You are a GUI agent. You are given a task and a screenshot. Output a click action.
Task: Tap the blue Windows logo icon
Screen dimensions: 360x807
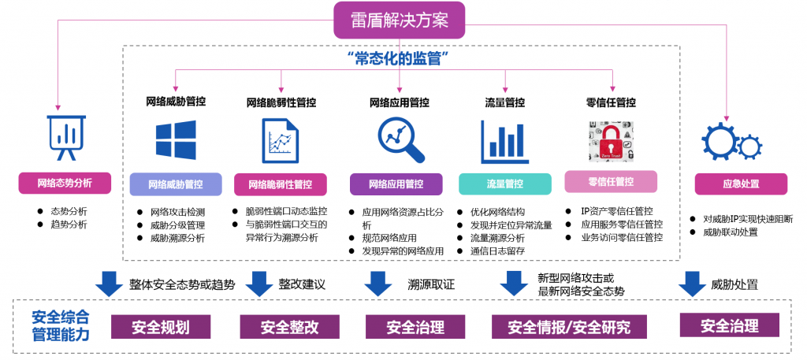(x=175, y=141)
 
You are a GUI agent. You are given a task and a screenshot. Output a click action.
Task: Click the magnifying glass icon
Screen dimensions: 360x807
(x=400, y=139)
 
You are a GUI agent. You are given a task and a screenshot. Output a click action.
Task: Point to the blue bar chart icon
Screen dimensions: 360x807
(x=504, y=142)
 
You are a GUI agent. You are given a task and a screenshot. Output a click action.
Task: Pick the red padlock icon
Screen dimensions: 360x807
(x=610, y=143)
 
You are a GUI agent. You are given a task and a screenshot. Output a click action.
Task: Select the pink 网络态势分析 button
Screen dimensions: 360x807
(x=65, y=184)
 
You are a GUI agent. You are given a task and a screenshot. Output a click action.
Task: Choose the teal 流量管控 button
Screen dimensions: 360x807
(x=504, y=184)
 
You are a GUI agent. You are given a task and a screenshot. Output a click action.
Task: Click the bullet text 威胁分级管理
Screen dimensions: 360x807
(x=172, y=225)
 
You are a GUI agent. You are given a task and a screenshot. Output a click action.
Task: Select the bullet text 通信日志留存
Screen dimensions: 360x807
(x=497, y=251)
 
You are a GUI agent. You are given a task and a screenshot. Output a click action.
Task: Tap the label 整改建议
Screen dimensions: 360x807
(x=301, y=283)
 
